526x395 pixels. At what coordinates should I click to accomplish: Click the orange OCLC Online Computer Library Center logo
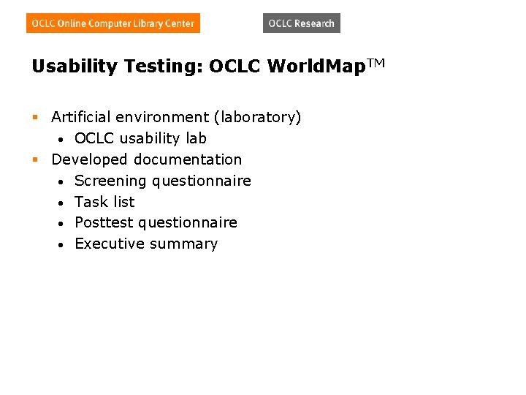[x=113, y=23]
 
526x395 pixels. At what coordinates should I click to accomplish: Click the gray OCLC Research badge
[x=301, y=23]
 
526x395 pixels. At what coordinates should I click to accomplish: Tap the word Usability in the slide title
[x=75, y=67]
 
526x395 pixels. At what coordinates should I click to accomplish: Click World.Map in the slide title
[x=312, y=67]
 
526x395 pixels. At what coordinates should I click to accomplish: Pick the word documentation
[x=194, y=159]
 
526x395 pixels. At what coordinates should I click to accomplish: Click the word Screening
[x=110, y=181]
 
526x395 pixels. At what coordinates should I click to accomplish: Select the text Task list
[x=104, y=202]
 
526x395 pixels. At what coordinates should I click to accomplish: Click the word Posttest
[x=104, y=222]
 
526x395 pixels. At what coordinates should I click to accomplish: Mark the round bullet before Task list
[x=64, y=203]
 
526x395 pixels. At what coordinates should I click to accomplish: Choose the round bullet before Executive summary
[x=64, y=244]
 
